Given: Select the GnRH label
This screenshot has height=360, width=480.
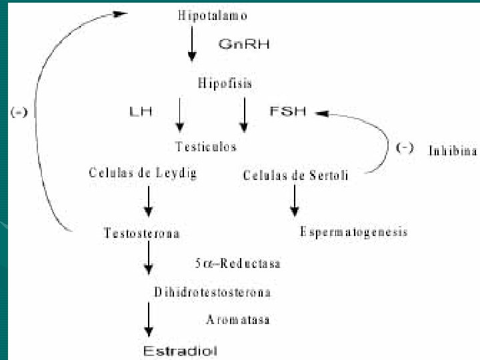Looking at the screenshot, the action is tap(244, 45).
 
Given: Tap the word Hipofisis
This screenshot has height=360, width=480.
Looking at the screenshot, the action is tap(225, 83).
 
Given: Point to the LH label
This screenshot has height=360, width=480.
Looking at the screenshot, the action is tap(140, 112).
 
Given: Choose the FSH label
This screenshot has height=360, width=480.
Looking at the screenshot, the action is tap(287, 111).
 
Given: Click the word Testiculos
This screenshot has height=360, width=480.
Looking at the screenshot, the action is tap(206, 147).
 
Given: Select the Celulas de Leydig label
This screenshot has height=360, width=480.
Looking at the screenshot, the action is tap(143, 173).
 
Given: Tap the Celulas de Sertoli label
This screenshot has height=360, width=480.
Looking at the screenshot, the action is tap(295, 175).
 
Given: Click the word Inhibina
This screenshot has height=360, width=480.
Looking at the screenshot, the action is tap(452, 151).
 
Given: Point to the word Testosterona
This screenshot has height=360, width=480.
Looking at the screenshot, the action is tap(141, 233).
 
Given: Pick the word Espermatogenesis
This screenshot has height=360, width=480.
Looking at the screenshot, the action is tap(353, 232).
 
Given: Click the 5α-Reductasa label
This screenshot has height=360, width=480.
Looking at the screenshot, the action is tap(237, 263).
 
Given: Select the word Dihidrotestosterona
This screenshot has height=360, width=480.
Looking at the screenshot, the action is tap(212, 292).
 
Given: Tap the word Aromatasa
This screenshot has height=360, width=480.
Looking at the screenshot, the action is tap(237, 319).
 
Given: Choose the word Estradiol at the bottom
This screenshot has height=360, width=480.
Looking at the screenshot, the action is tap(181, 350).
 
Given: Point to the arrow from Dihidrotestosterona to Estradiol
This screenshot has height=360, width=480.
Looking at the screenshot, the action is tap(149, 321).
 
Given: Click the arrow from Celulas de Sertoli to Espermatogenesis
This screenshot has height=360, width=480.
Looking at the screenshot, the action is tap(294, 200).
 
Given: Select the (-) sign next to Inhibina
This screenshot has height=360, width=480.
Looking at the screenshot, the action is tap(405, 148).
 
